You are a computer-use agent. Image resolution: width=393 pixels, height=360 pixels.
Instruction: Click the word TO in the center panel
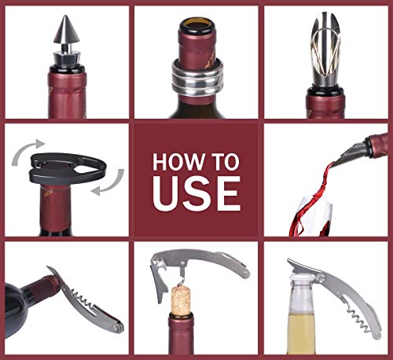(x=226, y=163)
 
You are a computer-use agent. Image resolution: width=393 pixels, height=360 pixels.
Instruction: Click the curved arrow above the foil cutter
(x=32, y=145)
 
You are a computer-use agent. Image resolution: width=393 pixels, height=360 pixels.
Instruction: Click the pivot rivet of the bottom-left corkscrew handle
(x=116, y=325)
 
